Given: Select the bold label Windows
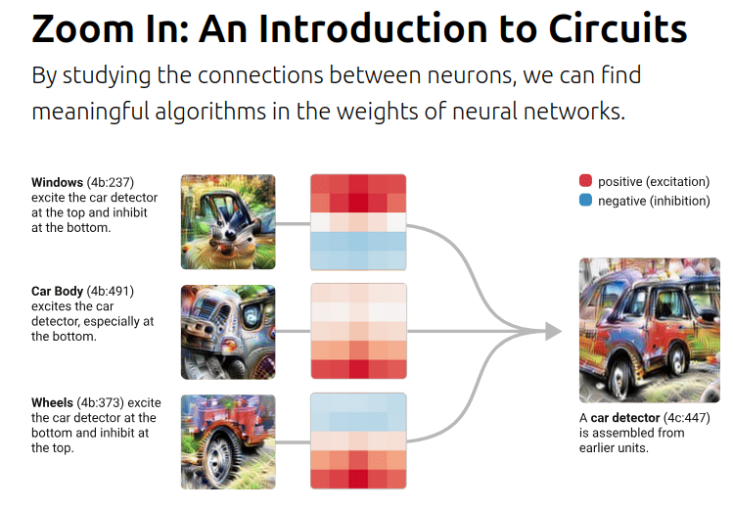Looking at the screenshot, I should pyautogui.click(x=58, y=182).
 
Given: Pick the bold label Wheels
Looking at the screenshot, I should pyautogui.click(x=52, y=403).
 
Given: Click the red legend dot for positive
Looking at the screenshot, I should pyautogui.click(x=585, y=181).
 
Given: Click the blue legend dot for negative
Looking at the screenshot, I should pyautogui.click(x=585, y=200).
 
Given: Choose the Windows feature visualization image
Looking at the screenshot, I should pyautogui.click(x=228, y=222).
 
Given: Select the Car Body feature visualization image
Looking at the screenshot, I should pyautogui.click(x=228, y=331).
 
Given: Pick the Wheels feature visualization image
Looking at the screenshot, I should pyautogui.click(x=228, y=441).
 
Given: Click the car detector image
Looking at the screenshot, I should pyautogui.click(x=649, y=330).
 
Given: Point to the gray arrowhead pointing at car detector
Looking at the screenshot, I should pyautogui.click(x=553, y=332).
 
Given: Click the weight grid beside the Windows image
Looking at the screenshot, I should pyautogui.click(x=358, y=222).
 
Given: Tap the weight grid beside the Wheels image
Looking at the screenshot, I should pyautogui.click(x=358, y=441).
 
